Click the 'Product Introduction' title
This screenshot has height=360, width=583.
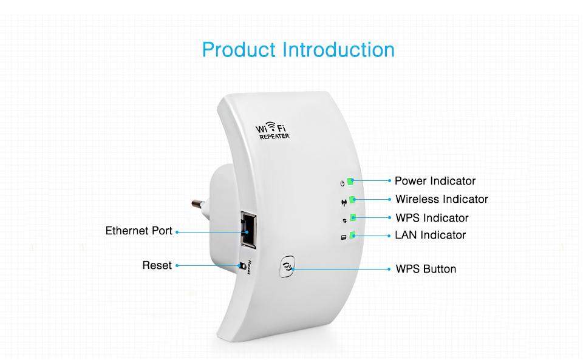(x=298, y=49)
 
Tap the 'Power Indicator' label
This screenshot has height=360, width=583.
(x=435, y=181)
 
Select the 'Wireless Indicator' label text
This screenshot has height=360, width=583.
(x=442, y=199)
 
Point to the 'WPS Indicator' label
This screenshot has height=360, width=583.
(x=432, y=217)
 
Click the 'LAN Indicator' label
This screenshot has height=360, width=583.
(x=431, y=235)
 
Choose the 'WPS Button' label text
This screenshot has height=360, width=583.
(x=426, y=269)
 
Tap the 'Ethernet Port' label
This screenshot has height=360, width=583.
(x=139, y=231)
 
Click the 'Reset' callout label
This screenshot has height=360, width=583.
(x=157, y=265)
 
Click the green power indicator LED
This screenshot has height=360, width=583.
(x=351, y=181)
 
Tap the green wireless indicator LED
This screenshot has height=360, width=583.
(x=352, y=200)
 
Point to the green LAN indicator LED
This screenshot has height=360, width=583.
(x=352, y=236)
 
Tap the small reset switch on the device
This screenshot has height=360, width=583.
(x=244, y=266)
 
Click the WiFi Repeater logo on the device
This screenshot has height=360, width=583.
(x=273, y=131)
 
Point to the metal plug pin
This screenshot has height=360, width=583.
(x=200, y=203)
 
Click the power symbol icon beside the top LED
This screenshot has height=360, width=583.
(x=343, y=183)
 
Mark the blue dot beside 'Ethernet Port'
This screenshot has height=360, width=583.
(x=177, y=231)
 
